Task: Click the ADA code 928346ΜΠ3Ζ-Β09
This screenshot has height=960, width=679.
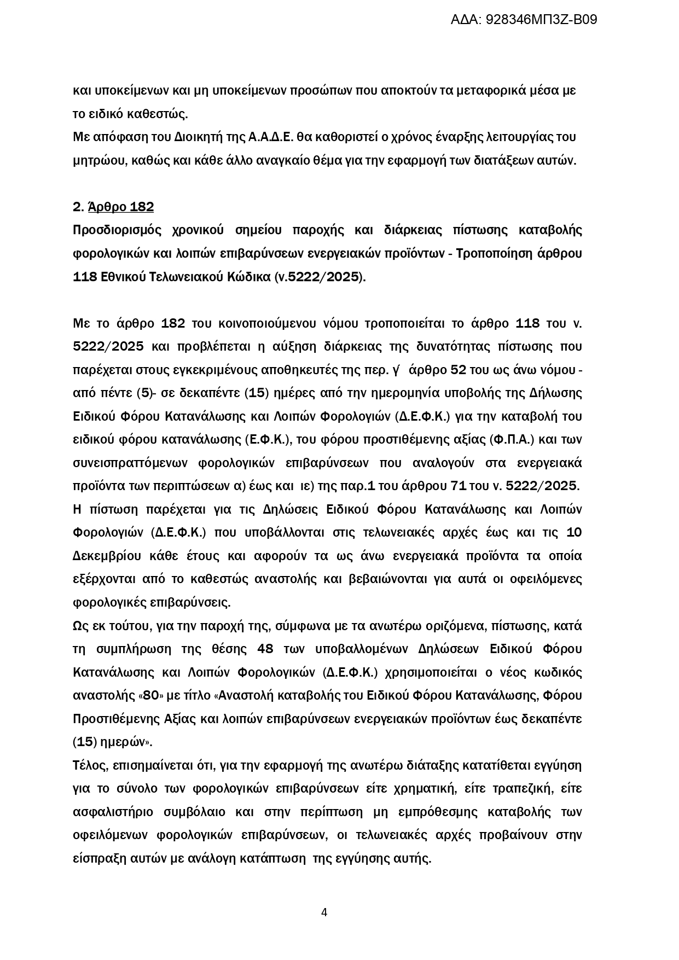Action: click(541, 20)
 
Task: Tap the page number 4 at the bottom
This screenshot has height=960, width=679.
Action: click(324, 912)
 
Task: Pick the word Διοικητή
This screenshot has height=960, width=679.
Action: click(173, 137)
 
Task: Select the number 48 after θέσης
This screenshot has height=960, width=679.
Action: click(265, 649)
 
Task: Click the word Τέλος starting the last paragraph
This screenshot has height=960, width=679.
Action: click(89, 765)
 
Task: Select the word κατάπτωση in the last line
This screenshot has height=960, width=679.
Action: click(273, 858)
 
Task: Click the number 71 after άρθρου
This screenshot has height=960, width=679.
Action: click(457, 486)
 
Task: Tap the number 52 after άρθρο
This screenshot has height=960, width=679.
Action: click(457, 370)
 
